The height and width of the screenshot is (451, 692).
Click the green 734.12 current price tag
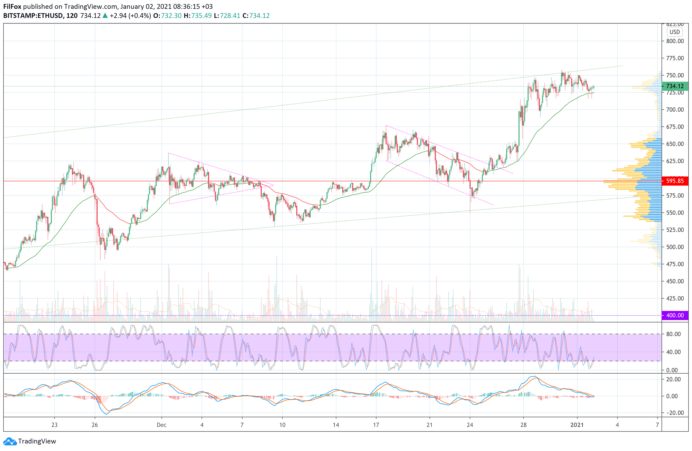tap(675, 86)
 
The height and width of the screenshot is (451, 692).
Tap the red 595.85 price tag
tap(675, 181)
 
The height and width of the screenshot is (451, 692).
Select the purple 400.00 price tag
tap(675, 315)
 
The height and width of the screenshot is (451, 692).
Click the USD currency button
tap(675, 32)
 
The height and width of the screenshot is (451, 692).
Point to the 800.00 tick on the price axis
tap(675, 41)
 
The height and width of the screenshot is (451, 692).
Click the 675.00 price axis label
tap(675, 127)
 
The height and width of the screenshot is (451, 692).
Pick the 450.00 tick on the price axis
tap(675, 281)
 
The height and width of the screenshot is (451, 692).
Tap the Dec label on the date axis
tap(162, 425)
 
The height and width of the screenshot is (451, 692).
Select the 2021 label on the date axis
tap(577, 425)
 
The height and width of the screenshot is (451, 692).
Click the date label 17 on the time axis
tap(376, 425)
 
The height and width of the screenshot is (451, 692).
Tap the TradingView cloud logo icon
tap(10, 441)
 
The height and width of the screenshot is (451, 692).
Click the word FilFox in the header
tap(12, 6)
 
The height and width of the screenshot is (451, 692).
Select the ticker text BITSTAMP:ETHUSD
tap(33, 16)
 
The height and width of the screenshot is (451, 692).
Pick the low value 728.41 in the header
tap(230, 16)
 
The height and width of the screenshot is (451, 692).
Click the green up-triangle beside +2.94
tap(105, 16)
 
